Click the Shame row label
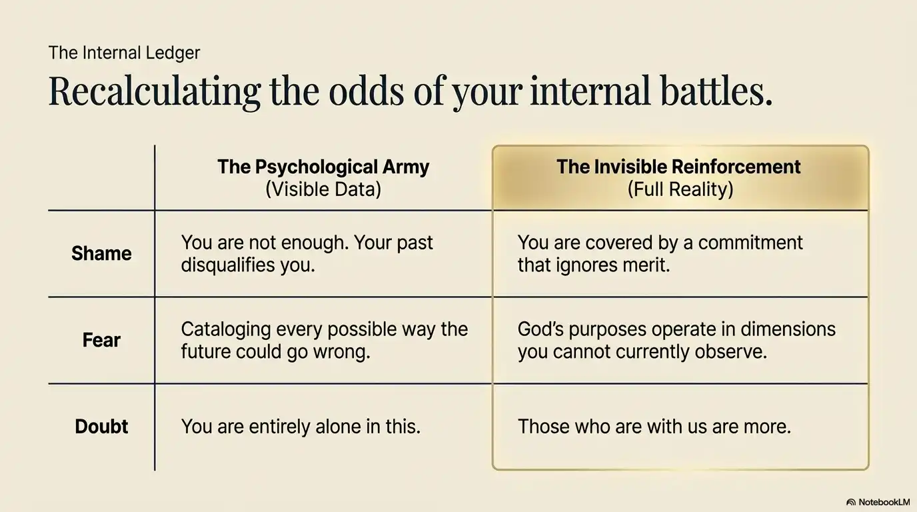(101, 253)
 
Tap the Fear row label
(101, 340)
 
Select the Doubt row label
(101, 427)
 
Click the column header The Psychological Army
(323, 167)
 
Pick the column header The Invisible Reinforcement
(678, 167)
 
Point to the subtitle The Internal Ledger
(124, 53)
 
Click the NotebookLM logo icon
(851, 502)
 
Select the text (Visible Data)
(323, 189)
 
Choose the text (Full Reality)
(680, 189)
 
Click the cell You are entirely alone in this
(301, 427)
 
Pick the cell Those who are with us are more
(654, 427)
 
